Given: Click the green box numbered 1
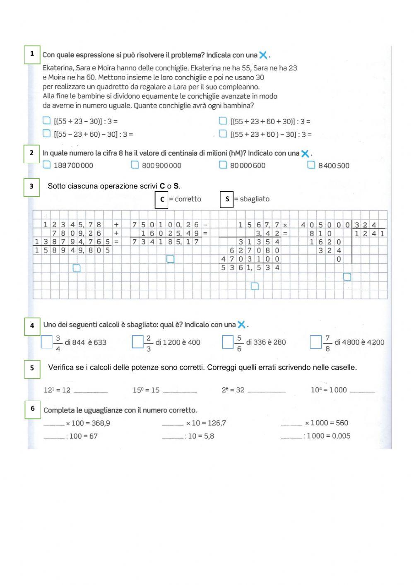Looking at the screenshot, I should [x=32, y=54].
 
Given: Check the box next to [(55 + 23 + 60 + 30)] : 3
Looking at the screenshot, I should [x=223, y=121].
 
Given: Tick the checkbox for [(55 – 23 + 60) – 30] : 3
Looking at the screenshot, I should [x=47, y=133].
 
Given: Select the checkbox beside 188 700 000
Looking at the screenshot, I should [x=47, y=165].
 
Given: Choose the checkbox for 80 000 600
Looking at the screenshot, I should [x=223, y=165].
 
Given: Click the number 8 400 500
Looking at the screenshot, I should [x=334, y=166].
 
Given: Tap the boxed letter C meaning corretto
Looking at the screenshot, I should [x=161, y=199].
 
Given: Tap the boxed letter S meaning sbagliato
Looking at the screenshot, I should [x=227, y=199].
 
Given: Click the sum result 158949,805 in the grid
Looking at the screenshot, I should [x=72, y=250].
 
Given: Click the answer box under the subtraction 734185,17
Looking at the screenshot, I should [x=170, y=259].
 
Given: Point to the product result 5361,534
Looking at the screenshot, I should [x=250, y=268].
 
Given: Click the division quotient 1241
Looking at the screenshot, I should [x=369, y=234].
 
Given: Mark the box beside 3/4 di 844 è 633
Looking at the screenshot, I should [x=47, y=342].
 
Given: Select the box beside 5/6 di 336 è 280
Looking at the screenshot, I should [x=227, y=342].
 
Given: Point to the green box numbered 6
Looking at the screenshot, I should [x=32, y=409].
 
